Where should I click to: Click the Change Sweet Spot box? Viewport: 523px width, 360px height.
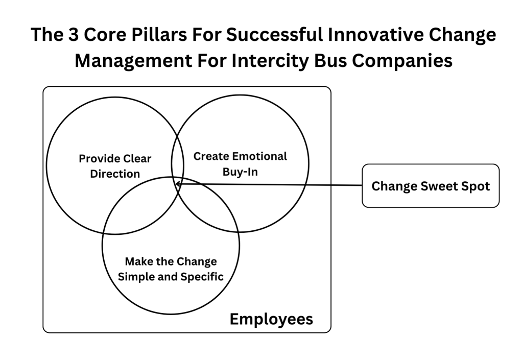coord(431,186)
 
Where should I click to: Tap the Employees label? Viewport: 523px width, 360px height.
coord(271,319)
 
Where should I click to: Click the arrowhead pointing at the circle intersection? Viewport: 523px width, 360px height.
coord(178,184)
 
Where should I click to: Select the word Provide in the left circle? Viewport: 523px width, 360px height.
coord(99,159)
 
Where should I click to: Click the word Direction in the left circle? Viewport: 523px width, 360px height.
coord(115,174)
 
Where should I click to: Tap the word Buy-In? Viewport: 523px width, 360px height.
coord(240,172)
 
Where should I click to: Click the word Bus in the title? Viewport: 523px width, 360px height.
coord(330,61)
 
